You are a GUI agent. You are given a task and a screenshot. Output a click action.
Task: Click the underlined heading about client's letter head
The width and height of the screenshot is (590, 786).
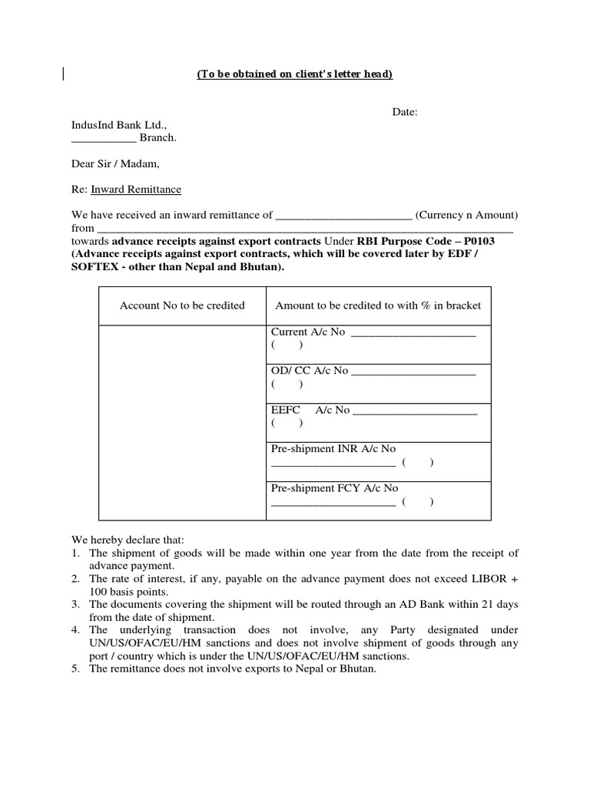(x=295, y=74)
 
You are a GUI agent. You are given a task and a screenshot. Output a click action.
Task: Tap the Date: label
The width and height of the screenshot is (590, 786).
(x=405, y=112)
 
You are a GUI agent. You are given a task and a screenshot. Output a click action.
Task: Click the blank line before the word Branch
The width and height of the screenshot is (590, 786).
(x=104, y=138)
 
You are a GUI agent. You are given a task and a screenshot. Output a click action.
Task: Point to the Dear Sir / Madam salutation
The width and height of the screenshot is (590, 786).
(x=116, y=163)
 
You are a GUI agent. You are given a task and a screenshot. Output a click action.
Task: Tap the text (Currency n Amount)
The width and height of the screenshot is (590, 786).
(x=467, y=214)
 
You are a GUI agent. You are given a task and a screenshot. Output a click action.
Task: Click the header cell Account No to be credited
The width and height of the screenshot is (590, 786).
(x=182, y=305)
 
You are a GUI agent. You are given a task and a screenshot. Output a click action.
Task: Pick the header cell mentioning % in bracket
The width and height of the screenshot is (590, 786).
(x=378, y=305)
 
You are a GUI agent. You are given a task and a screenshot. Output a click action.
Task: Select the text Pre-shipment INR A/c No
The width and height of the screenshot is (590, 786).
(x=333, y=448)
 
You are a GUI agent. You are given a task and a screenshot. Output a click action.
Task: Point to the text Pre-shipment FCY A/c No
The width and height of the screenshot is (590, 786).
(x=334, y=488)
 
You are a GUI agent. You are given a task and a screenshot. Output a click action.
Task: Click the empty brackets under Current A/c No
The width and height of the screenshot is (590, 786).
(x=287, y=346)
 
